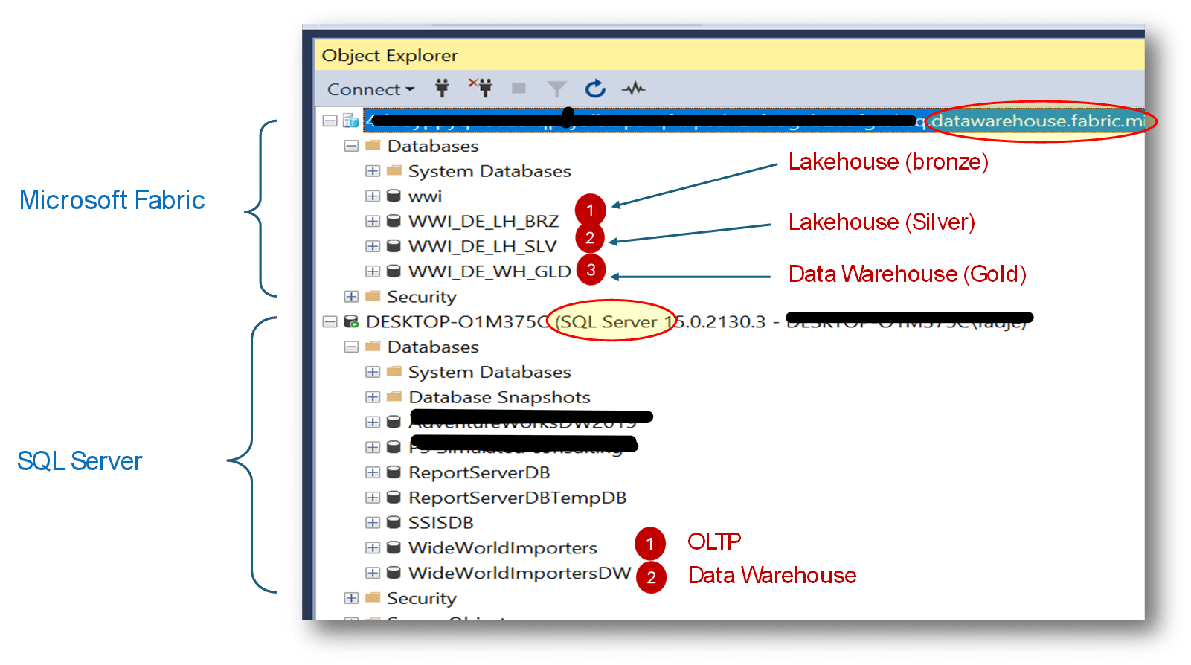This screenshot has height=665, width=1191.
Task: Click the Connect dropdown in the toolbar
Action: (370, 89)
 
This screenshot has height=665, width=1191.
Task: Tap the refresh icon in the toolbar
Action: (594, 89)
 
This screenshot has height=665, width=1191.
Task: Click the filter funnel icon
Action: (556, 89)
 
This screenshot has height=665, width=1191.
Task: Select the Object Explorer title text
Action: (389, 56)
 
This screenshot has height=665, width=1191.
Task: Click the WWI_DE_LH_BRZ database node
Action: (483, 222)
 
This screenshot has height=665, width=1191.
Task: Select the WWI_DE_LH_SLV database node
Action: (482, 247)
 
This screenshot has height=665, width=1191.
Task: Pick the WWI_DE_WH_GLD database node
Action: (489, 272)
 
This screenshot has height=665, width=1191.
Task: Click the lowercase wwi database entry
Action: (425, 196)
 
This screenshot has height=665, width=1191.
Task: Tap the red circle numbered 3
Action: (591, 269)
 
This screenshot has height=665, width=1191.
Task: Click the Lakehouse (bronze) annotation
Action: (887, 162)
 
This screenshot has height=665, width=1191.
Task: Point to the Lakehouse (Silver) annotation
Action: (881, 222)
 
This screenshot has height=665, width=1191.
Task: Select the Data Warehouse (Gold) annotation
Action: (907, 274)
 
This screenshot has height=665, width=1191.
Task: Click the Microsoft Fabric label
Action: (112, 200)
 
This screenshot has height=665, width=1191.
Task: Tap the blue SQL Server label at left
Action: (80, 461)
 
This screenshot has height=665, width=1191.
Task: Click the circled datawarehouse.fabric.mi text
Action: (1038, 121)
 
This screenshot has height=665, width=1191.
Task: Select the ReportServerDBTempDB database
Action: (517, 498)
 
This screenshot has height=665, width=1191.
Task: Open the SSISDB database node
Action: (440, 523)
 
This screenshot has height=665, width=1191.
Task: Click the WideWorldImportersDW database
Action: (519, 574)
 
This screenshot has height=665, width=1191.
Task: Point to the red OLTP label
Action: (713, 542)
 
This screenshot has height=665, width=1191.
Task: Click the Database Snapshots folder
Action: (499, 397)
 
